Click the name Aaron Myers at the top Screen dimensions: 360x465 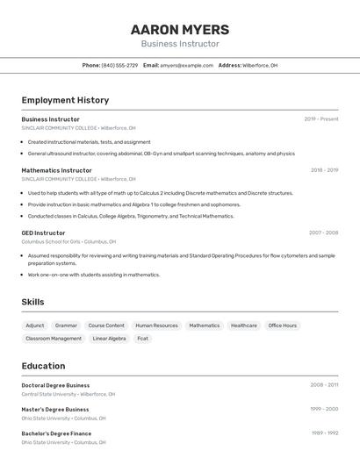point(180,30)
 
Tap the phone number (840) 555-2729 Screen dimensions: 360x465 point(119,65)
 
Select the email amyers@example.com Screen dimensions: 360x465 point(186,65)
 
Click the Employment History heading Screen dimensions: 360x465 point(65,100)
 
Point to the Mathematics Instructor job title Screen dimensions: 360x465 point(56,170)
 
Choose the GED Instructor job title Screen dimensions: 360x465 point(43,233)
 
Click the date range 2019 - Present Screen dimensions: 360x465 point(320,119)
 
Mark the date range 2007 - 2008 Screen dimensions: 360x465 point(323,233)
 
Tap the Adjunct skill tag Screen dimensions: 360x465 point(35,325)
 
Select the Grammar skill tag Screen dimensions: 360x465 point(66,325)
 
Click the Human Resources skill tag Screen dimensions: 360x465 point(156,325)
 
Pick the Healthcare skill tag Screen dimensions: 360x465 point(244,325)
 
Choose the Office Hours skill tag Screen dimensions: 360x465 point(283,325)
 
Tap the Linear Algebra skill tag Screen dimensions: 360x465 point(109,339)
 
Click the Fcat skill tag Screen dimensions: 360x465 point(142,339)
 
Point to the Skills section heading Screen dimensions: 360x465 point(33,302)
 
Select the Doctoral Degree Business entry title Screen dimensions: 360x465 point(55,385)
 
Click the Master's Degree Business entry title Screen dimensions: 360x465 point(54,409)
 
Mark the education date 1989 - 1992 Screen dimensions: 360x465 point(324,433)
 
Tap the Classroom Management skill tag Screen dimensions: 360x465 point(54,339)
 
